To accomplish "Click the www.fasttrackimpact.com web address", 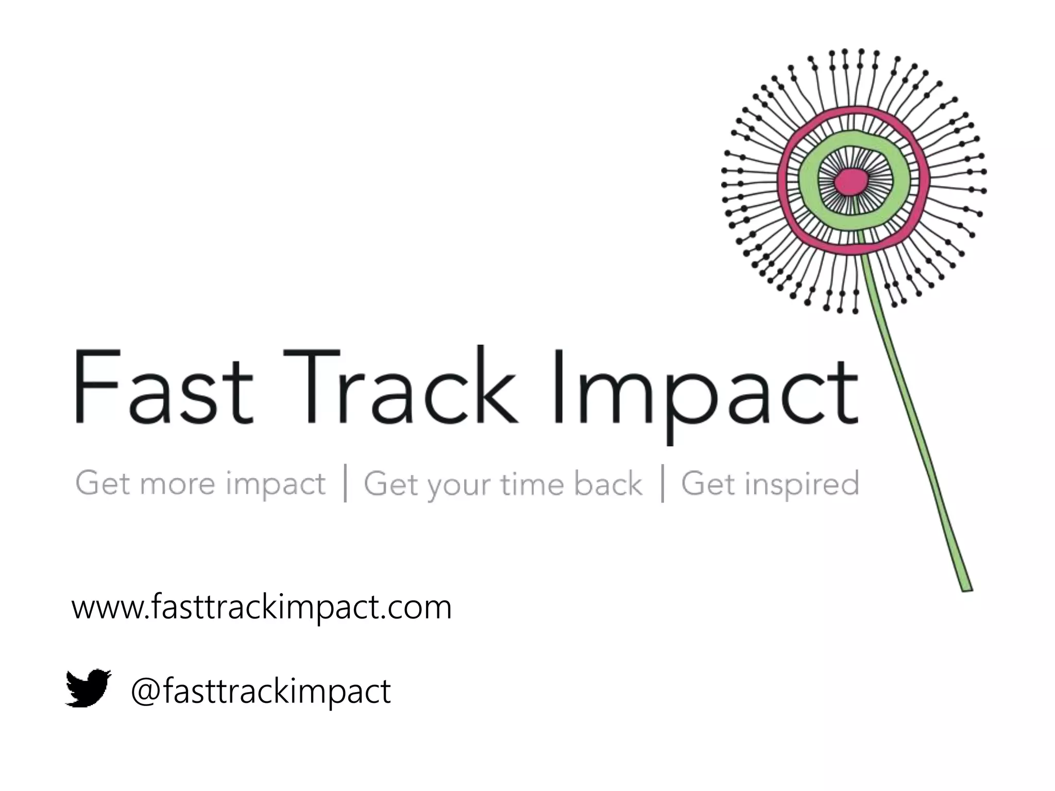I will coord(262,608).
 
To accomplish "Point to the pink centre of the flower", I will coord(852,181).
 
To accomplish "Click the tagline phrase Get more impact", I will coord(200,484).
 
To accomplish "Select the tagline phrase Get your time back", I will coord(503,485).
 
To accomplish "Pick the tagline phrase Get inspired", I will coord(770,484).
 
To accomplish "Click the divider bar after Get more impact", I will coord(345,483).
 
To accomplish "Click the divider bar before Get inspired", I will coord(662,483).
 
